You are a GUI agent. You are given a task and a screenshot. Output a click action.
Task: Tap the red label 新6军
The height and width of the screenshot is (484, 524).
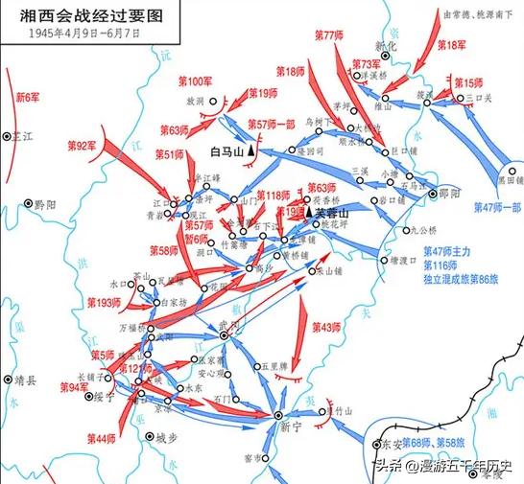[x=29, y=97]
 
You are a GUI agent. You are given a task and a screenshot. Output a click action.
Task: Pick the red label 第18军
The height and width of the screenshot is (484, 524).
[x=451, y=44]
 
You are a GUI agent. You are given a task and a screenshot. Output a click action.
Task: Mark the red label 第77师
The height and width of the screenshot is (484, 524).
[x=329, y=35]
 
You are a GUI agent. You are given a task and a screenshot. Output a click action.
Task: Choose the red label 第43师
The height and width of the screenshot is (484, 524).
[x=326, y=328]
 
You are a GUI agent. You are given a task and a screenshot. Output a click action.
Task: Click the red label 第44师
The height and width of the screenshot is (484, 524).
[x=99, y=438]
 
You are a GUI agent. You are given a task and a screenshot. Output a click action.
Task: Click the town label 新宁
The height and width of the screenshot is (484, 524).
[x=278, y=429]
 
